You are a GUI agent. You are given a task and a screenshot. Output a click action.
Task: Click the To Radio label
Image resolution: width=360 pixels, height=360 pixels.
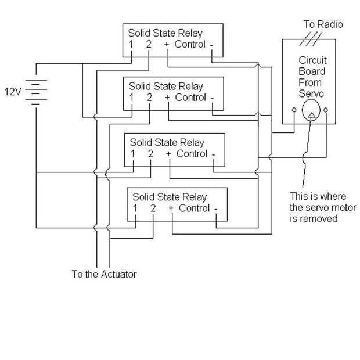click(x=323, y=24)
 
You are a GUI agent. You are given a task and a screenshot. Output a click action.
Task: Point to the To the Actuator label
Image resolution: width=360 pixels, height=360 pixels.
click(x=104, y=274)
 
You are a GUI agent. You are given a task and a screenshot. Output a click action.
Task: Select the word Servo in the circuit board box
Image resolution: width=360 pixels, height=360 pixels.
click(x=312, y=93)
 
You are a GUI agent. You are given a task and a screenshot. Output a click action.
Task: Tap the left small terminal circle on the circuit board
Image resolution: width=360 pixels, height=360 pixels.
click(x=296, y=109)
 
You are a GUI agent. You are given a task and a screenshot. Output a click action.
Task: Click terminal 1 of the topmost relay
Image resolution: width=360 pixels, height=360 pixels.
click(x=131, y=44)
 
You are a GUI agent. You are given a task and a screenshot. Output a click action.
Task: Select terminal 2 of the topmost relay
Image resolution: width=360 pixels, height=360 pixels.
click(x=148, y=44)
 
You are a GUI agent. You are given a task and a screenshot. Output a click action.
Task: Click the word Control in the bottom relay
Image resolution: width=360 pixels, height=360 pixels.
click(x=194, y=208)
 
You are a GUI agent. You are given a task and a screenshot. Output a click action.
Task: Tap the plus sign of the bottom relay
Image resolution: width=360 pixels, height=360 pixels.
click(x=171, y=208)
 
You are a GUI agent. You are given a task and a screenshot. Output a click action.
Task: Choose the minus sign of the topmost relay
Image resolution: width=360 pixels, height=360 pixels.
click(x=211, y=44)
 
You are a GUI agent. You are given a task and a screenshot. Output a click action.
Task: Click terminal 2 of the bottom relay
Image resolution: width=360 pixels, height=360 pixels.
click(x=153, y=208)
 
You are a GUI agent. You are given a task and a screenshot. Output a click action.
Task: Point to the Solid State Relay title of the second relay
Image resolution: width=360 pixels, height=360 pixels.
click(x=166, y=86)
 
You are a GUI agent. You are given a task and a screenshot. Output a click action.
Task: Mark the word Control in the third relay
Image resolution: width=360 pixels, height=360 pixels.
click(x=192, y=154)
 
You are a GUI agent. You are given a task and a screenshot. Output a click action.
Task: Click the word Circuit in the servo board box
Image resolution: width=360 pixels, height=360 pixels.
click(x=312, y=60)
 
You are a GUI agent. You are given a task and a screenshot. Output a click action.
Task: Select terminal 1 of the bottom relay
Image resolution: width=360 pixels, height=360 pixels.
click(x=135, y=208)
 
